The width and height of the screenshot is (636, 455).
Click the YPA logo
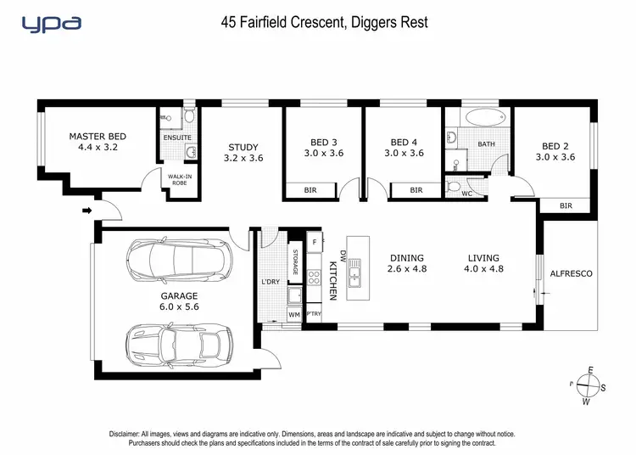pyautogui.click(x=51, y=23)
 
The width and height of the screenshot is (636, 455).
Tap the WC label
pyautogui.click(x=466, y=194)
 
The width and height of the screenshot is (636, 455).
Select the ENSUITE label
pyautogui.click(x=177, y=138)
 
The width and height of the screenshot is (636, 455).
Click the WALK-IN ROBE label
pyautogui.click(x=179, y=180)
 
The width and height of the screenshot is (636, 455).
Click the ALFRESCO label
pyautogui.click(x=572, y=274)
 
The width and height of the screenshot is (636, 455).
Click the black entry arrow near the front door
pyautogui.click(x=86, y=211)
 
